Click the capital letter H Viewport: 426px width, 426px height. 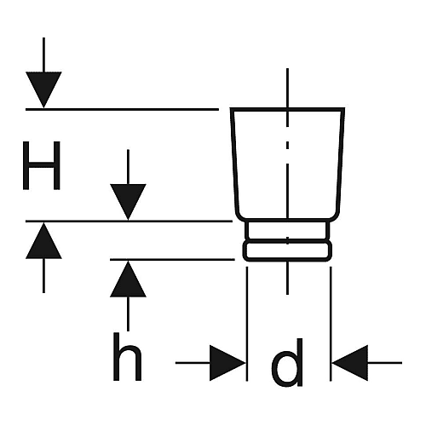click(42, 165)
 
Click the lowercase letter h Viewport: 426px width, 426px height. click(127, 357)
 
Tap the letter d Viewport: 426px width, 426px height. click(287, 362)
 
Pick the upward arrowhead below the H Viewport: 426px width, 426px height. click(43, 240)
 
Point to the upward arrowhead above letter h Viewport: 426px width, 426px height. click(128, 279)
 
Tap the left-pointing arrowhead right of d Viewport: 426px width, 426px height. click(350, 363)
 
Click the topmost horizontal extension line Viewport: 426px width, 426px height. click(122, 109)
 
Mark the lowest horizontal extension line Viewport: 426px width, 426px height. click(172, 259)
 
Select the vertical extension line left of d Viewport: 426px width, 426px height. click(247, 324)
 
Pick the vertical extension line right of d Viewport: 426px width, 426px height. click(331, 324)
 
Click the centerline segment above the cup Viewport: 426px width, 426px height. click(287, 88)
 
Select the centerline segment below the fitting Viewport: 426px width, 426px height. click(287, 279)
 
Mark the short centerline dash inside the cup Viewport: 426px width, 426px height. click(287, 145)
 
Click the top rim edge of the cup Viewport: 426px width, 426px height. click(287, 109)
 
